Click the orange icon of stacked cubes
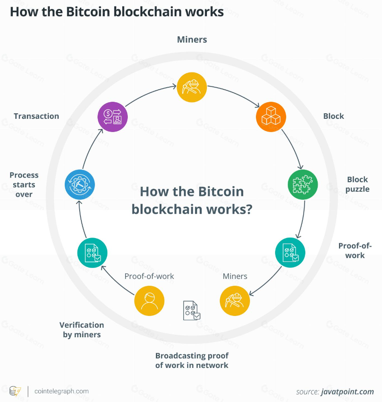(x=270, y=116)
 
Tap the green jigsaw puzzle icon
(x=303, y=185)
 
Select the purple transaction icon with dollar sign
(x=112, y=116)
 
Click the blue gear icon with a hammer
(x=80, y=185)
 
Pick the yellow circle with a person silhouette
(x=149, y=301)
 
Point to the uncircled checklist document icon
(x=191, y=310)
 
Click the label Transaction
(x=36, y=116)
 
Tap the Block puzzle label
(x=357, y=184)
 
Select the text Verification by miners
(x=82, y=330)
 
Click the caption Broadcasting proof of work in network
(x=192, y=360)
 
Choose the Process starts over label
(x=24, y=184)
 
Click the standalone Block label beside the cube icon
(x=333, y=116)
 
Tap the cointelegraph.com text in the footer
(x=61, y=391)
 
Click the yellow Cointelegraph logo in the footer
(x=15, y=391)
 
